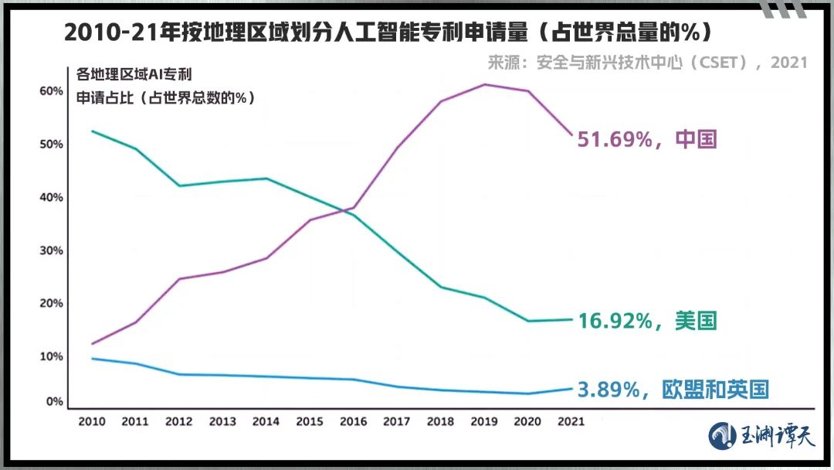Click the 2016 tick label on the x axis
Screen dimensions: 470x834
[353, 422]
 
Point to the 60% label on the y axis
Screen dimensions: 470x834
[51, 91]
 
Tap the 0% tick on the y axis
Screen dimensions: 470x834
[54, 402]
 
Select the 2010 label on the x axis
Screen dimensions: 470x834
[92, 422]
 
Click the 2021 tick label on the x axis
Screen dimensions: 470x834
[571, 422]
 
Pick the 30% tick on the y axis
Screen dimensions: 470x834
[51, 250]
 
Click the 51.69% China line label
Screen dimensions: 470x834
[647, 140]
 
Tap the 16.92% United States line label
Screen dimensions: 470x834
[647, 320]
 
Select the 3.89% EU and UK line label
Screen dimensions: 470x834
[673, 390]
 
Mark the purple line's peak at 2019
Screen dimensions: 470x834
[484, 84]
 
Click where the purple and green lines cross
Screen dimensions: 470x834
[347, 211]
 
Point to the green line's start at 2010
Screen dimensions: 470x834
[92, 131]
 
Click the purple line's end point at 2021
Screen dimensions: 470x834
[572, 135]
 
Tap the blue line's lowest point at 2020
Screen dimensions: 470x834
[528, 393]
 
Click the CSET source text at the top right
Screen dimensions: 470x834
[647, 63]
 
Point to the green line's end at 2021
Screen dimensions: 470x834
[572, 319]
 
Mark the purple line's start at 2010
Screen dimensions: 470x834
[92, 344]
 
